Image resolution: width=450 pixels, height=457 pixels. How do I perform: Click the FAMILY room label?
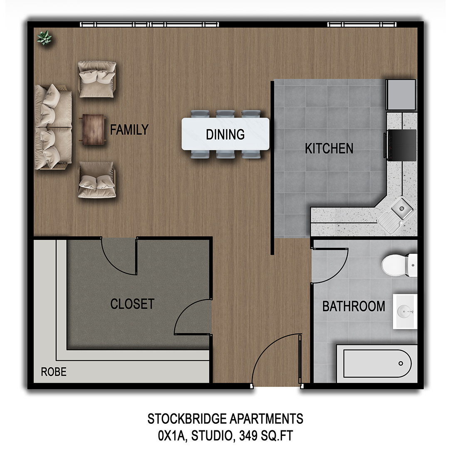129,130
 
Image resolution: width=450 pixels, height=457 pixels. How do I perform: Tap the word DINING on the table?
225,135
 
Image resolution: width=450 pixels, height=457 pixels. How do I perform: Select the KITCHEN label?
329,148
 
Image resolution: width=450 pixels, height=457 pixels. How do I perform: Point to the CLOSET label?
132,304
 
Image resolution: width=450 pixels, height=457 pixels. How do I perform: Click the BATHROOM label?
354,307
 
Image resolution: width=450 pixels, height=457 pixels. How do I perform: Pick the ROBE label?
54,372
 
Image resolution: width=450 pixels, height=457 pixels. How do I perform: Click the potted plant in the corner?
44,38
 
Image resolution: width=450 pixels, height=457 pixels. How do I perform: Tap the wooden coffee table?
92,130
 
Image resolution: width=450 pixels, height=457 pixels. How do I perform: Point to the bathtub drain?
401,363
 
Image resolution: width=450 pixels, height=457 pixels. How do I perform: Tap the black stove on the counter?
401,144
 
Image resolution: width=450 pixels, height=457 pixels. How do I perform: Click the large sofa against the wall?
53,127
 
